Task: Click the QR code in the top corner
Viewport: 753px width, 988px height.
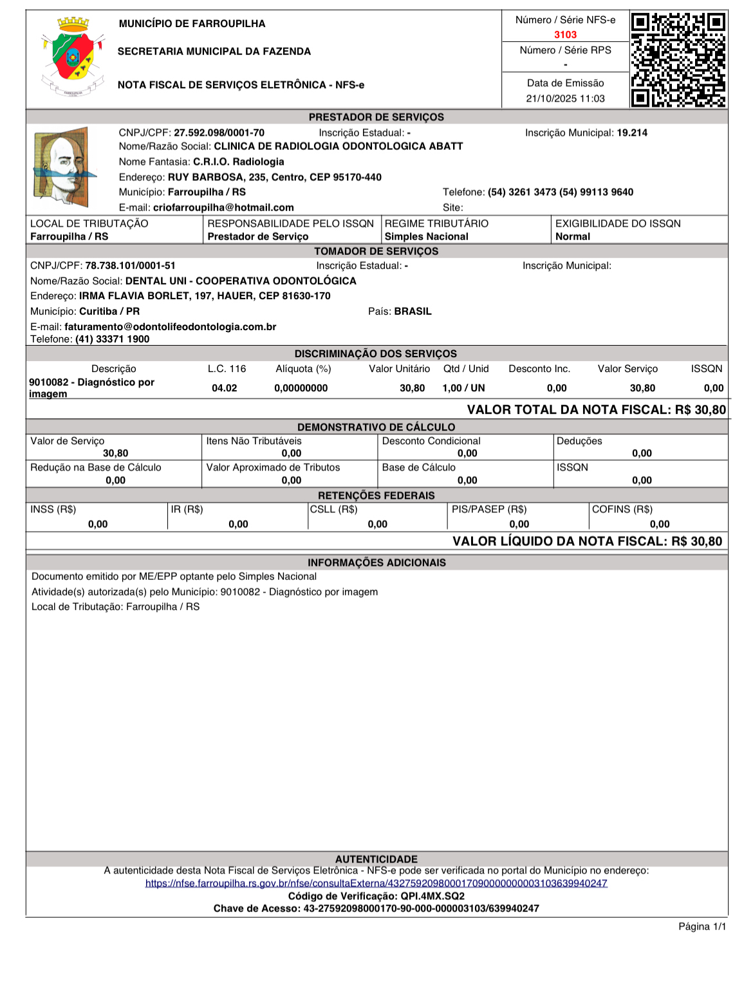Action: pos(678,59)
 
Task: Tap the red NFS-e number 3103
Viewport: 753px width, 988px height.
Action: pos(565,35)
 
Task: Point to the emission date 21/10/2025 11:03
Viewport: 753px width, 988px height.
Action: pos(565,98)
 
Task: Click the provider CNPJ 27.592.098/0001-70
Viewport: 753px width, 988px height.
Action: pos(219,133)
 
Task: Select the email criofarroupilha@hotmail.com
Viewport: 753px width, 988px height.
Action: pos(223,207)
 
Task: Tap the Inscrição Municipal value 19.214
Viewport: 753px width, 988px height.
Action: pos(632,133)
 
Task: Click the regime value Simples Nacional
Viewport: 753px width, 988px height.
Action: pos(426,236)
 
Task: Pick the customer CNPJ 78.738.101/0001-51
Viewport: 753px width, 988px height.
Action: pos(130,265)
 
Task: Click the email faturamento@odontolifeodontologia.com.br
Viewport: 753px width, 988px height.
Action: pos(170,326)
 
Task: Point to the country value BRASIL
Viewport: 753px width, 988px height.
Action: pos(413,311)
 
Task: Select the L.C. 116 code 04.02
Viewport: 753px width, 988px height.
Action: pos(224,388)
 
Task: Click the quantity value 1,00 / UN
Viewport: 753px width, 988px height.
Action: pos(463,388)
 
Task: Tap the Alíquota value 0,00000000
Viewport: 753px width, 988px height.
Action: pos(301,388)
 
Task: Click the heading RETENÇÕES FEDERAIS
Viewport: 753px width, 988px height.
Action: pos(376,496)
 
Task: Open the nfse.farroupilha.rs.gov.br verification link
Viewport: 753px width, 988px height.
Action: pos(376,883)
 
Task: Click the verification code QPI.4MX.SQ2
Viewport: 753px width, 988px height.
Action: pos(432,896)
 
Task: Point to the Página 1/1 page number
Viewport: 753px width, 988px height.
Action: pos(702,926)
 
